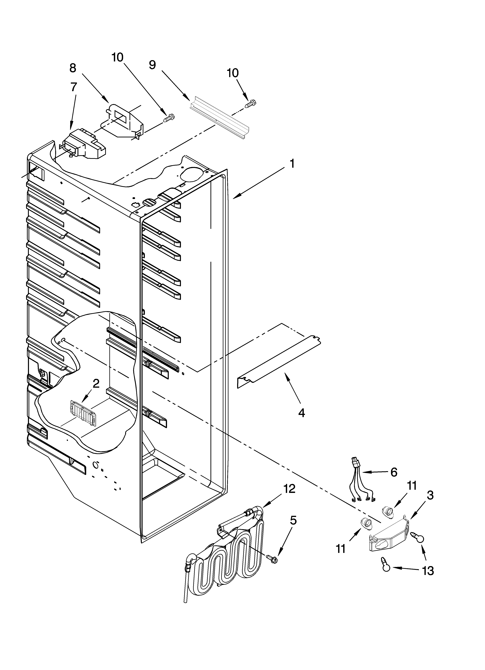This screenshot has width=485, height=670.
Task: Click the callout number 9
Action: pos(152,65)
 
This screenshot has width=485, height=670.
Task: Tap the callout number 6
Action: pos(394,472)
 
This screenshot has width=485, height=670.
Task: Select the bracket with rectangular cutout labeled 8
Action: pos(124,121)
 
